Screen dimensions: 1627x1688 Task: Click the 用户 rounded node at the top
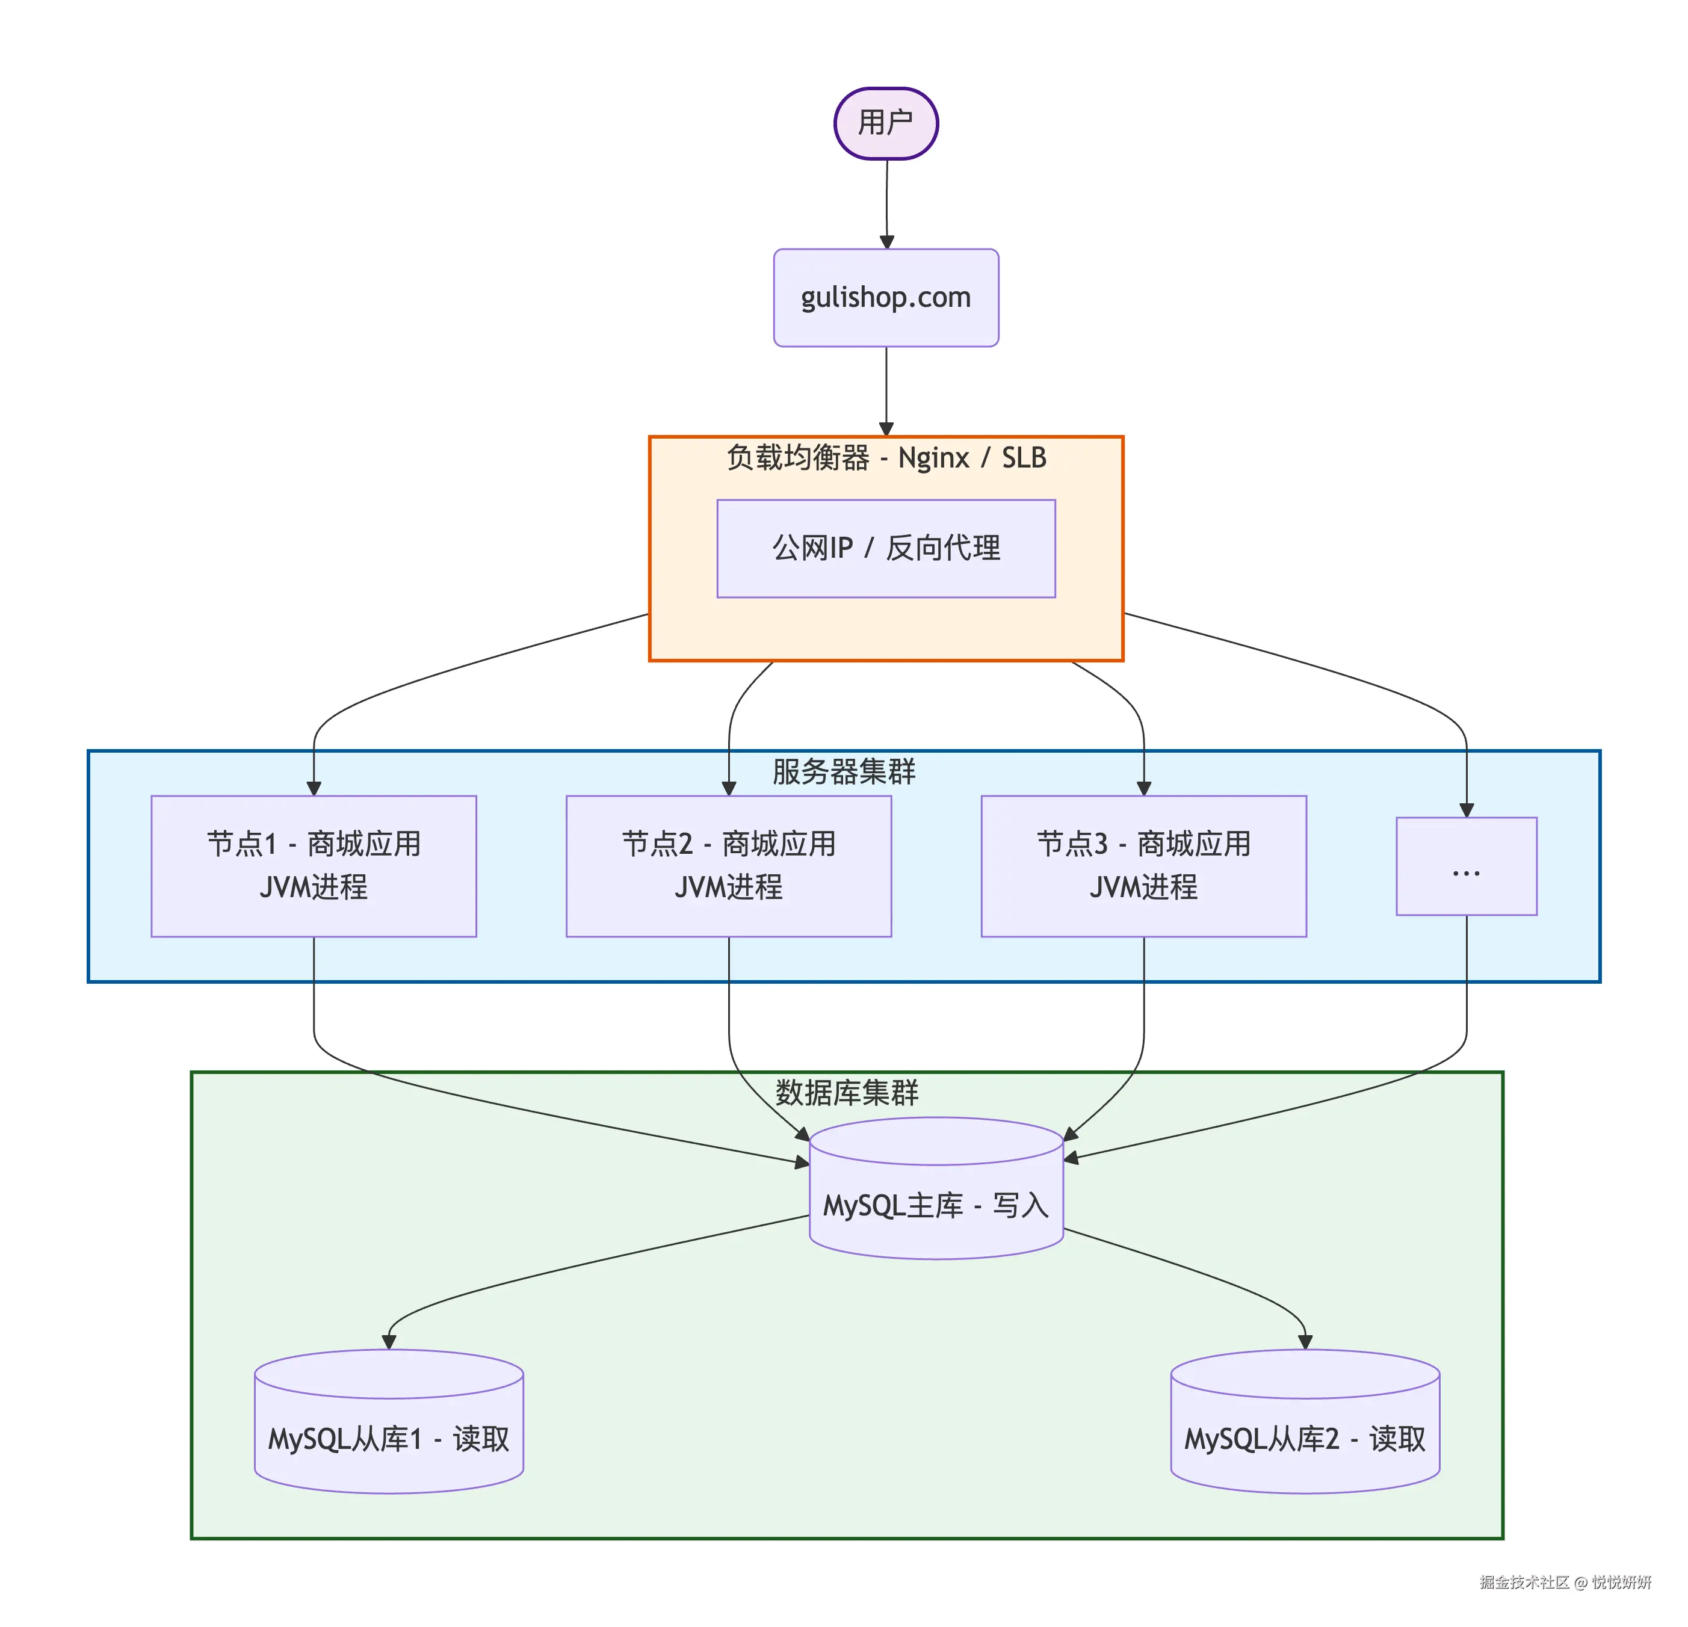tap(885, 123)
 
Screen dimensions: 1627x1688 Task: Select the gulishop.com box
tap(885, 297)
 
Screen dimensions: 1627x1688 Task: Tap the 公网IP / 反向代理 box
tap(885, 548)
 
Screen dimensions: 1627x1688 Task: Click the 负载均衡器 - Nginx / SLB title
tap(885, 457)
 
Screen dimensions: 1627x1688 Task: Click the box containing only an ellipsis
tap(1466, 866)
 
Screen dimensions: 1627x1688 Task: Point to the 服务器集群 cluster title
tap(843, 771)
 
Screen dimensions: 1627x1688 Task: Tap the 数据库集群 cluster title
tap(847, 1092)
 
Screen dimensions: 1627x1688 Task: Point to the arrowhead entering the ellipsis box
tap(1466, 810)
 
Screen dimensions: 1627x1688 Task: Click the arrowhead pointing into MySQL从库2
tap(1305, 1341)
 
